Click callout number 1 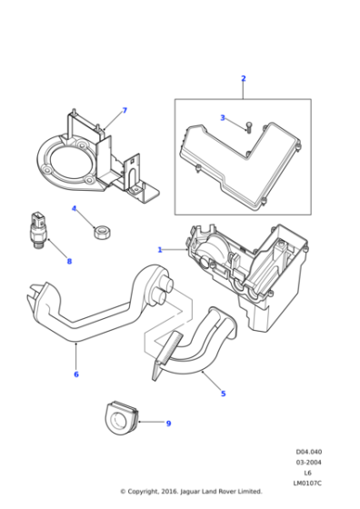click(x=159, y=250)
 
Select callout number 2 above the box click(x=244, y=78)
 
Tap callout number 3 click(x=223, y=118)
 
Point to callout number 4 click(x=74, y=208)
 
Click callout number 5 click(x=224, y=394)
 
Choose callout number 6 click(x=76, y=374)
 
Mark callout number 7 click(x=125, y=111)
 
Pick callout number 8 click(x=69, y=262)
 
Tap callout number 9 click(x=168, y=424)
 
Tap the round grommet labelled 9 click(x=122, y=419)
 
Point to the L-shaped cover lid click(x=240, y=165)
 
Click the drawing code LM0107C click(x=307, y=484)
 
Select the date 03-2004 click(x=309, y=463)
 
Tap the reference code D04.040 click(x=309, y=452)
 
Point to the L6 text click(x=307, y=473)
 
